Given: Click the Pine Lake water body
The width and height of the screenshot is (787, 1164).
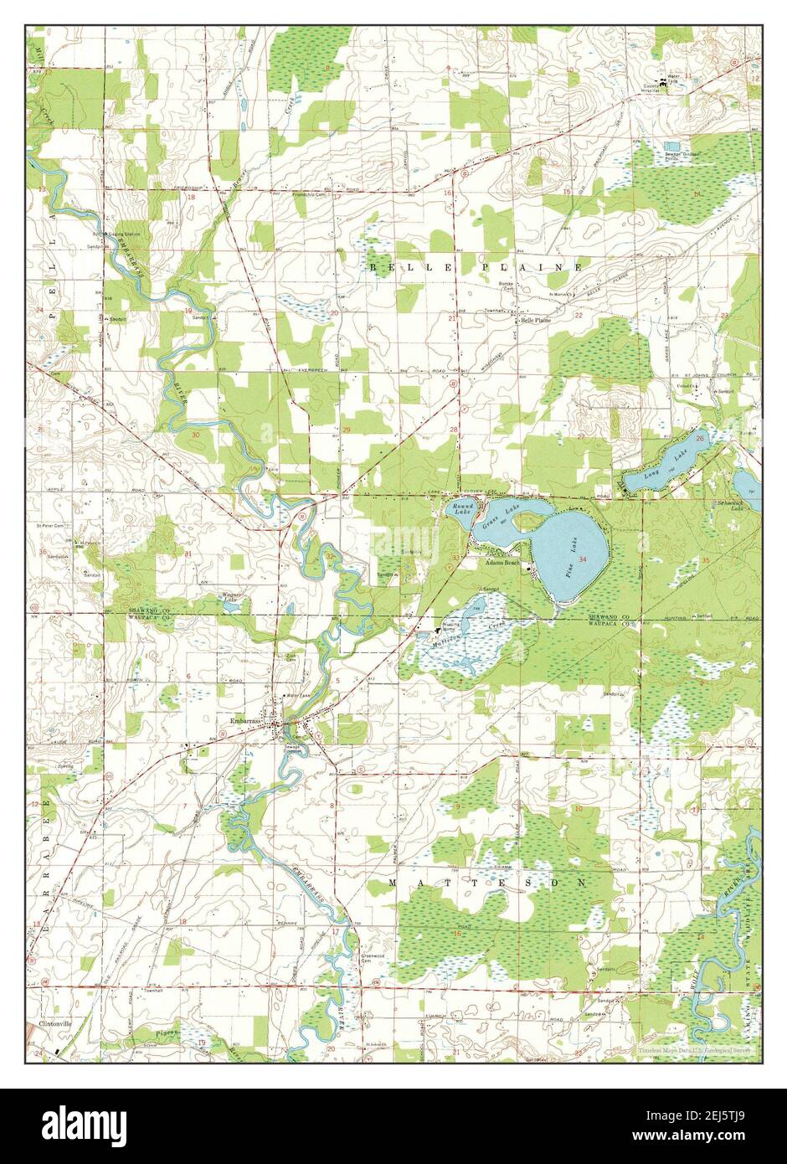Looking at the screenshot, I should click(x=569, y=557).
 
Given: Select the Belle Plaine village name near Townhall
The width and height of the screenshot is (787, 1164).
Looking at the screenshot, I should click(x=536, y=320).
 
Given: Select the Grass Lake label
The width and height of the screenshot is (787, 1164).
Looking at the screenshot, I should click(x=496, y=518).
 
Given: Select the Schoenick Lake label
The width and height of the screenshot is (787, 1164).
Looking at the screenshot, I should click(x=731, y=505).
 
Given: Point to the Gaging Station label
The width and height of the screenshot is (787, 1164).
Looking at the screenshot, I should click(x=123, y=234).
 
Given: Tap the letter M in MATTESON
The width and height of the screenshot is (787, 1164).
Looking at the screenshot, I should click(x=394, y=883).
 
